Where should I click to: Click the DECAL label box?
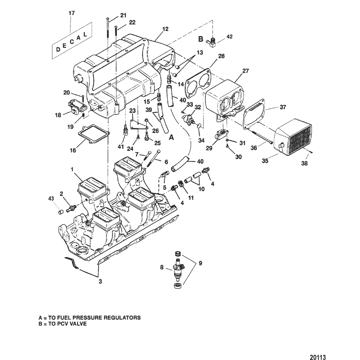(71, 41)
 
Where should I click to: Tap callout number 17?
(71, 13)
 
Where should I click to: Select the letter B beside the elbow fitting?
(201, 39)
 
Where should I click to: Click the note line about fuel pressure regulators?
(90, 317)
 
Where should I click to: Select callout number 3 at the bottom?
(100, 281)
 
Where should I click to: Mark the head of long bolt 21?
(108, 19)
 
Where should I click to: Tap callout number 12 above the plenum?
(165, 29)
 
